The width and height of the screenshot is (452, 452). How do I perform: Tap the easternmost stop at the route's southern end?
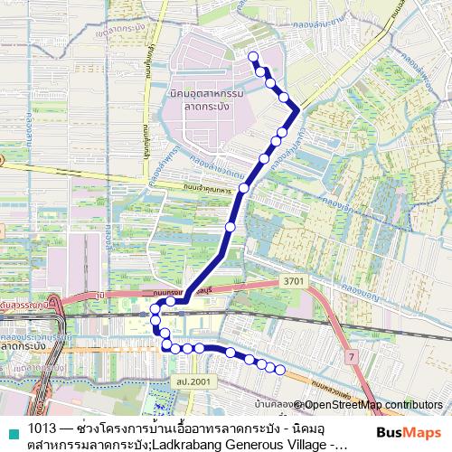280,370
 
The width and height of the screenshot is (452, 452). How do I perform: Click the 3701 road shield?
295,282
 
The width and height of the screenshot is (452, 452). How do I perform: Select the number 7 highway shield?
351,358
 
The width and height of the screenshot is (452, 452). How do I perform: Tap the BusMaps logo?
408,431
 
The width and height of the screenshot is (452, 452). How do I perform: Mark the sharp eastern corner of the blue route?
297,109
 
